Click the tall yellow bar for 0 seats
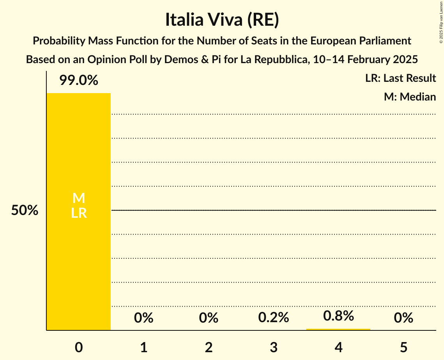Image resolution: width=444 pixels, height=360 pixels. (78, 253)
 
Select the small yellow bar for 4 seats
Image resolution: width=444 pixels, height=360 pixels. (338, 329)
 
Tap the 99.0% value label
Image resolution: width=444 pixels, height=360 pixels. (78, 81)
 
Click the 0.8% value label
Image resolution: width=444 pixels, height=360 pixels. (338, 316)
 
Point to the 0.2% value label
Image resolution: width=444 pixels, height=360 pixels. (273, 318)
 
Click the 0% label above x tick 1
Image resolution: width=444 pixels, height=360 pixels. (143, 318)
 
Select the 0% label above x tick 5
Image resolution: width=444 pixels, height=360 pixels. (403, 318)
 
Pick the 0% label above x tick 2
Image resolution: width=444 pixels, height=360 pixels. (209, 318)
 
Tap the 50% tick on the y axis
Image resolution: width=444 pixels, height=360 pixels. (25, 211)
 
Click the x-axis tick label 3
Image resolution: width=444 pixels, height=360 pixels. (273, 347)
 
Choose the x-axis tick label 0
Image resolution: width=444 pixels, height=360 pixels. (78, 347)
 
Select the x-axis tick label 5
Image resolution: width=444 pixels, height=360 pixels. (403, 347)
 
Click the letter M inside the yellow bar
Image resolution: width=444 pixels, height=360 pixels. (78, 198)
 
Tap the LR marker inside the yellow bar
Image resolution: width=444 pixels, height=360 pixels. (78, 213)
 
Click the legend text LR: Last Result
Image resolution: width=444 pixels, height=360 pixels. (400, 78)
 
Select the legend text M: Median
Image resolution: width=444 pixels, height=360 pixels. (409, 97)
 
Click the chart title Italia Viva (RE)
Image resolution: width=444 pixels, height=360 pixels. (222, 20)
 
